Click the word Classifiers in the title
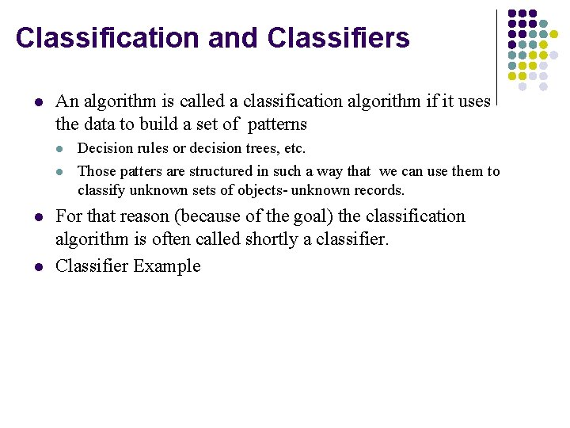point(339,37)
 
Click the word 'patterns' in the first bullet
point(277,124)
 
